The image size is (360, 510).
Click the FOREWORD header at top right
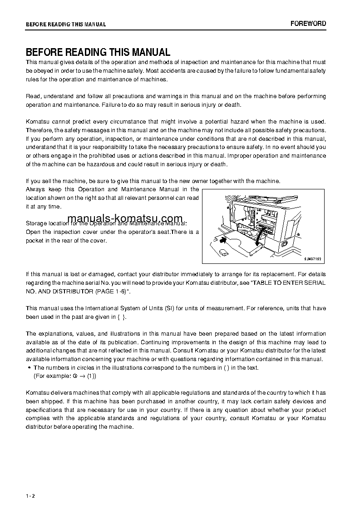point(308,24)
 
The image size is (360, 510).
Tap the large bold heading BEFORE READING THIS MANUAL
point(98,52)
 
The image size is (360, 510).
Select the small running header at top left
point(66,25)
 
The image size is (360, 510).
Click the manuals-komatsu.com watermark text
point(125,218)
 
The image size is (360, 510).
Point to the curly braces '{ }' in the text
point(121,317)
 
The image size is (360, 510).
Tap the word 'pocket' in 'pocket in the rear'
point(35,241)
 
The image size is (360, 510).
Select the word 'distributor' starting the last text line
point(39,427)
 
